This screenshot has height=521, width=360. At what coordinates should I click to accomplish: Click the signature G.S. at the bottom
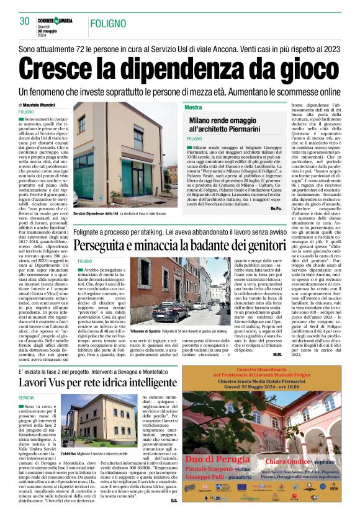click(x=174, y=499)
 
